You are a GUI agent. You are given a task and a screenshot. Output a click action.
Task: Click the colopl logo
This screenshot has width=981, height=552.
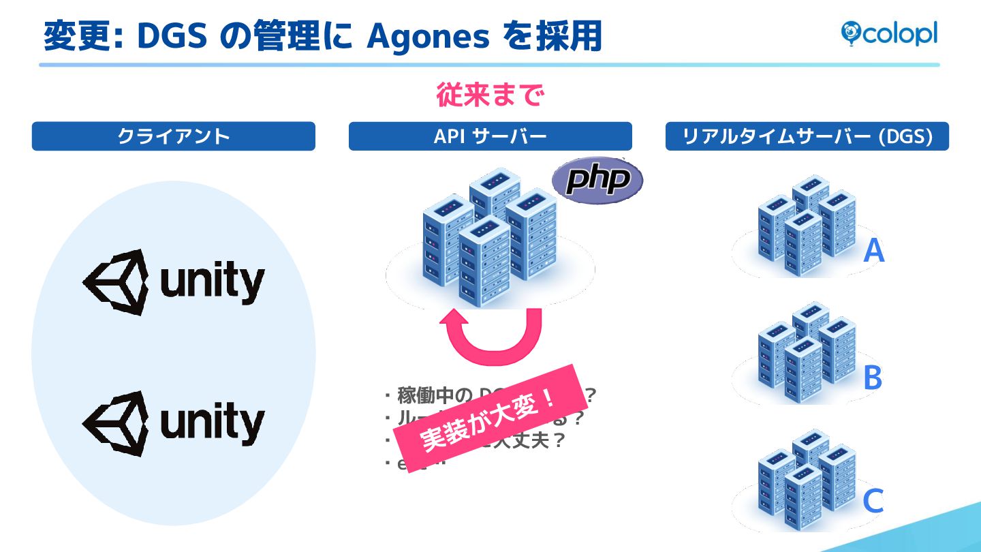click(889, 33)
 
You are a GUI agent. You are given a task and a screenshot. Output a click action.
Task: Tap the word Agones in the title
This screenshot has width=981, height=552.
click(428, 37)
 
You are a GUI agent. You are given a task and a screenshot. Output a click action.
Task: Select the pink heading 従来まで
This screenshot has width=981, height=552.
click(490, 95)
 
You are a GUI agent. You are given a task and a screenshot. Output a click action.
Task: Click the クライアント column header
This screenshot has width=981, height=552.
click(174, 136)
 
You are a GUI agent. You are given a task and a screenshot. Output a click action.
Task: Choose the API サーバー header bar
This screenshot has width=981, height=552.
click(490, 136)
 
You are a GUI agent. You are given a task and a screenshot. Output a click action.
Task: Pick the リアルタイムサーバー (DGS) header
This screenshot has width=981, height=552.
click(807, 136)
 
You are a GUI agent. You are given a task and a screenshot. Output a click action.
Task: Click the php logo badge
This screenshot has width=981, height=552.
click(597, 180)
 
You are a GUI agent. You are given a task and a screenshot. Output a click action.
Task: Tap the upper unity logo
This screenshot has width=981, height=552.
click(174, 281)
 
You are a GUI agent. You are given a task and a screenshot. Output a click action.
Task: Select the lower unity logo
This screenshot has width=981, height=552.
click(174, 423)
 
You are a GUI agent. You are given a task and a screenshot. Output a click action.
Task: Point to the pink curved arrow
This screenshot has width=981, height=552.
click(490, 337)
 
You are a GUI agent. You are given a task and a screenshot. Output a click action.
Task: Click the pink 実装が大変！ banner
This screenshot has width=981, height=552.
click(491, 417)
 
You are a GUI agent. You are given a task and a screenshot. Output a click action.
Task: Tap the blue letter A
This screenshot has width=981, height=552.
click(873, 251)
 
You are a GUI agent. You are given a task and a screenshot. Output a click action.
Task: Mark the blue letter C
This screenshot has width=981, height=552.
click(873, 502)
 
